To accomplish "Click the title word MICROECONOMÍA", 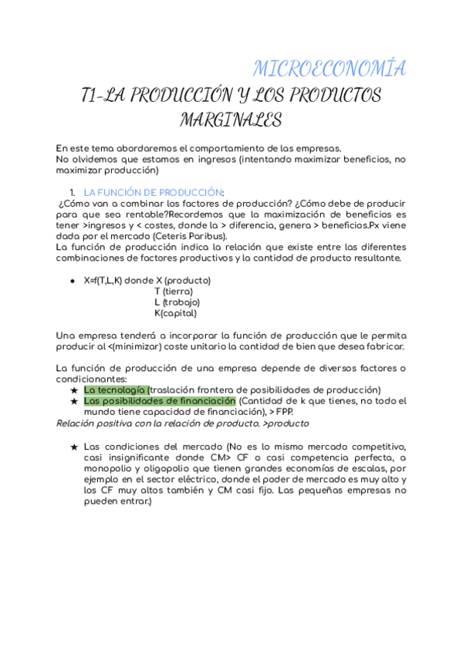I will (x=330, y=68).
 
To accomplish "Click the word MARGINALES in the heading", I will (x=231, y=120).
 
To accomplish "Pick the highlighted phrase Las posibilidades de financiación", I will (x=159, y=401).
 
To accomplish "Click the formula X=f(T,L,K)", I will (x=103, y=280).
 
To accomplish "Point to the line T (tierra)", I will (x=174, y=292).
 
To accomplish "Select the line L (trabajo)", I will (x=177, y=302).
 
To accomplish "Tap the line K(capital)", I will (x=175, y=313).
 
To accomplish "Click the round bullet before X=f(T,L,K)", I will (x=73, y=281).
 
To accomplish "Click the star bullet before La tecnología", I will (x=73, y=390).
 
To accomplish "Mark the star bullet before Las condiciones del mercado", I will (x=73, y=447).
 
